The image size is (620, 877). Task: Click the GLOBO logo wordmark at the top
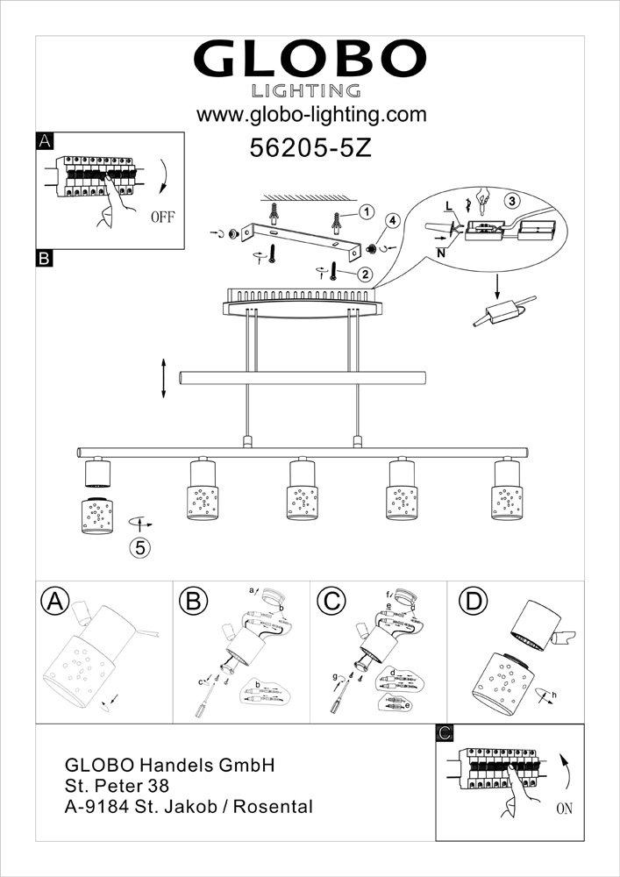[x=310, y=60]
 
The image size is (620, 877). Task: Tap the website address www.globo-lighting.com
[x=311, y=115]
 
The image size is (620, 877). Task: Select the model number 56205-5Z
[x=310, y=148]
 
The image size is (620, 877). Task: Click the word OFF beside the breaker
[x=163, y=217]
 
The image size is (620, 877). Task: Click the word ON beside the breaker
[x=564, y=809]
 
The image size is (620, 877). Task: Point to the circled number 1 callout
[x=366, y=212]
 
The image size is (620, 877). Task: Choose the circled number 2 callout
[x=365, y=274]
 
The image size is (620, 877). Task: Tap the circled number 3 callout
[x=510, y=200]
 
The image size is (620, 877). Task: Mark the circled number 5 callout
[x=139, y=547]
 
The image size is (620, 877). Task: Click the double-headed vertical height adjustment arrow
[x=164, y=379]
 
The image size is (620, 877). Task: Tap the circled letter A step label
[x=54, y=602]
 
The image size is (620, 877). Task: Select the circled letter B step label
[x=193, y=602]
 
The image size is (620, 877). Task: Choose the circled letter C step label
[x=331, y=602]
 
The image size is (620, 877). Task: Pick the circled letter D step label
[x=473, y=602]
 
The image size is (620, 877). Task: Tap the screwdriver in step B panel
[x=206, y=700]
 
